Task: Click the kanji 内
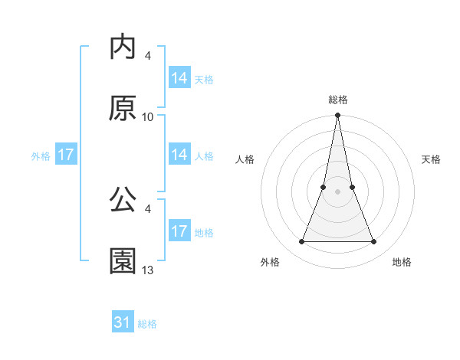(x=123, y=48)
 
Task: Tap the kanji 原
(x=123, y=110)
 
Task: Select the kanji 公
(x=123, y=201)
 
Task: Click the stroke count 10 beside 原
(x=148, y=117)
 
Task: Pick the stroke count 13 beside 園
(x=148, y=270)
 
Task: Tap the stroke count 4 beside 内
(x=147, y=56)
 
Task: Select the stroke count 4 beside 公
(x=147, y=208)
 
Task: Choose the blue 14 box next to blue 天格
(x=179, y=78)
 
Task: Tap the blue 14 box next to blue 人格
(x=179, y=155)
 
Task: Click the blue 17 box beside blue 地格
(x=179, y=231)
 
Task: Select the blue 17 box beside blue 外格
(x=66, y=155)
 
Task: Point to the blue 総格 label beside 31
(x=147, y=324)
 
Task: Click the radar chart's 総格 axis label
(x=338, y=100)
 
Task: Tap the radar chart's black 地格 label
(x=402, y=262)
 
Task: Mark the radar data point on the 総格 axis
(x=337, y=116)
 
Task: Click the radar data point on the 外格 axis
(x=301, y=242)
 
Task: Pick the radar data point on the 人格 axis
(x=324, y=187)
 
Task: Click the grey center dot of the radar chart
(x=337, y=192)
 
